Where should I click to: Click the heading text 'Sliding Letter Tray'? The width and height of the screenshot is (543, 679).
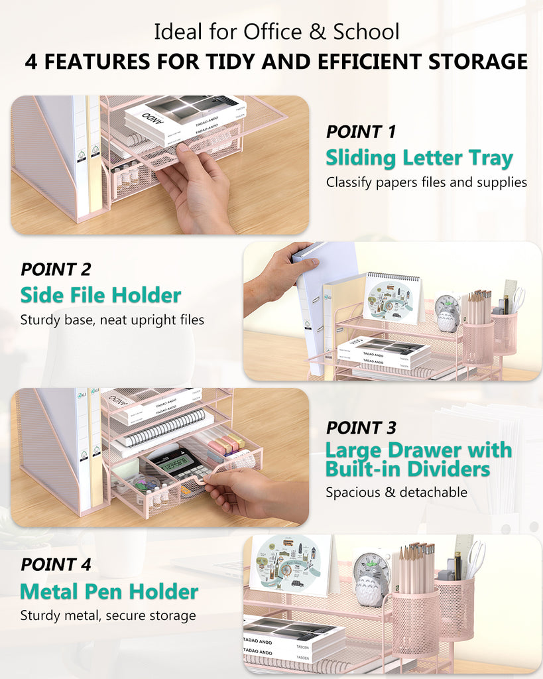click(419, 158)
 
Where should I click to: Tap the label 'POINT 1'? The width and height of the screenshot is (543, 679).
click(361, 131)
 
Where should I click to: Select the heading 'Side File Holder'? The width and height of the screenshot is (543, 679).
click(100, 294)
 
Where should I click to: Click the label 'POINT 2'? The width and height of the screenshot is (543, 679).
click(56, 269)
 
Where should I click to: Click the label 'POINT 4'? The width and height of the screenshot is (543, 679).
click(56, 564)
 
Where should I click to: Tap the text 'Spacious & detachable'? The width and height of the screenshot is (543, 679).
click(396, 492)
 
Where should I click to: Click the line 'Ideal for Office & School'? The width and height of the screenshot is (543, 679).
click(276, 31)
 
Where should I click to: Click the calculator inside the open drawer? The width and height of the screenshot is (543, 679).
click(174, 462)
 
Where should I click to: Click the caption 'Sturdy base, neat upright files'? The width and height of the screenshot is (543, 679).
click(112, 320)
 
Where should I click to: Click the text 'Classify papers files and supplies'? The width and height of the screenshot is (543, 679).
click(426, 182)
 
